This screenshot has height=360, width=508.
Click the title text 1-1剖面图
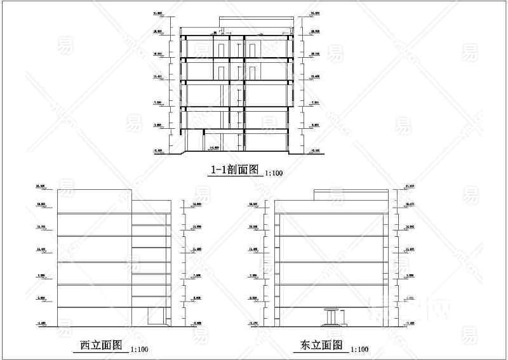(x=235, y=170)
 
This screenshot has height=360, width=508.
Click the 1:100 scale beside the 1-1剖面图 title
(x=274, y=173)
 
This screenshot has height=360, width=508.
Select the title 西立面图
(x=101, y=345)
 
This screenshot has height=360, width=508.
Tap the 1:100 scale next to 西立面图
(x=139, y=349)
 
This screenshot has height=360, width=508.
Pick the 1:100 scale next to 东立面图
(x=359, y=349)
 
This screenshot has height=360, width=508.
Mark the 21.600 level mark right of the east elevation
(x=409, y=186)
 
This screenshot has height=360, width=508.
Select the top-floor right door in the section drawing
(x=251, y=50)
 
